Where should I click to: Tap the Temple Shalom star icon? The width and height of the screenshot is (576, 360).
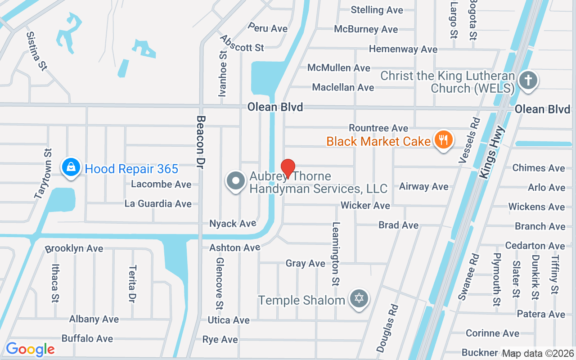[359, 298]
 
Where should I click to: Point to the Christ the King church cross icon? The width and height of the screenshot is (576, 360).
[528, 81]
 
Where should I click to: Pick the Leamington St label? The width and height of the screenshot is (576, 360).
[336, 254]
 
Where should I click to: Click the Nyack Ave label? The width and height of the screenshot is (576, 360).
[233, 223]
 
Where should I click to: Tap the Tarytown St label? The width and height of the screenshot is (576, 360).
[43, 174]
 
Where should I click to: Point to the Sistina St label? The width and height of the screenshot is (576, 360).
[36, 50]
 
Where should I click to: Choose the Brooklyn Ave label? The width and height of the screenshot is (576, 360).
[74, 248]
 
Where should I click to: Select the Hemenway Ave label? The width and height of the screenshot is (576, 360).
[403, 49]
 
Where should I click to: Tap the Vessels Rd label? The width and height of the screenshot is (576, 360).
[469, 140]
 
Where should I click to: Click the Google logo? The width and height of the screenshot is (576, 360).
[30, 349]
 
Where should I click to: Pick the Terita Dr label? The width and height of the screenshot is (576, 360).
[132, 283]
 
